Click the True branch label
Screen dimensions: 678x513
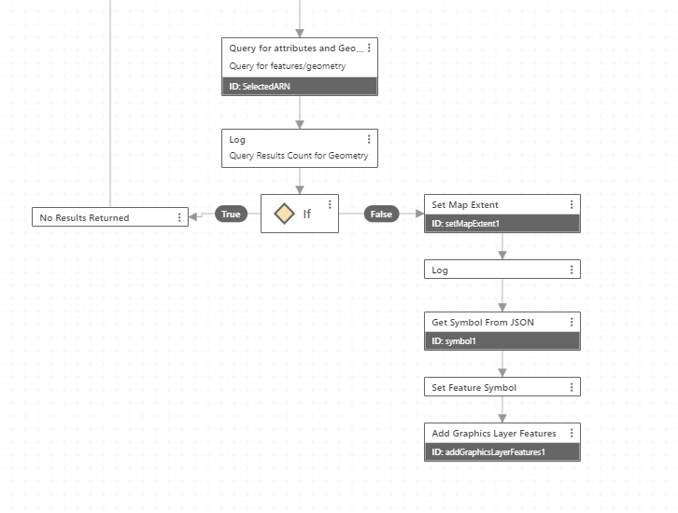click(x=231, y=214)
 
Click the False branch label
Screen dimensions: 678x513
click(x=381, y=214)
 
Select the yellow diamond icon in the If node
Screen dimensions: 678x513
click(x=284, y=214)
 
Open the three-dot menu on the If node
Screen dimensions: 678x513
click(x=330, y=204)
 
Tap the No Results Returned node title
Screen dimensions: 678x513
click(x=84, y=217)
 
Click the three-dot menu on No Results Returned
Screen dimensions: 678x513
click(x=179, y=217)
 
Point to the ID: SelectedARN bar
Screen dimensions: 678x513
click(x=299, y=87)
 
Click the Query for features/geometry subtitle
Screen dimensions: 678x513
click(x=287, y=66)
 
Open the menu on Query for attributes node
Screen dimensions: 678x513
click(x=369, y=48)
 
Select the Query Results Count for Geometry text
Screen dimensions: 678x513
click(x=298, y=156)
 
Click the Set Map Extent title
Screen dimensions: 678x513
click(x=465, y=204)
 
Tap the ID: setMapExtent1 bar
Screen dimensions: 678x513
click(x=502, y=223)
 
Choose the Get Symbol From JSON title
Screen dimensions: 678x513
click(x=483, y=322)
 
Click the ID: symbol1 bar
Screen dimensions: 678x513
click(x=502, y=340)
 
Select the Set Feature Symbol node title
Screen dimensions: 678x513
click(x=473, y=387)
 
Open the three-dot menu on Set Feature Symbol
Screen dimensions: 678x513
click(x=572, y=387)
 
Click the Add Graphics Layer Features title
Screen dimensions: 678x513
click(x=494, y=433)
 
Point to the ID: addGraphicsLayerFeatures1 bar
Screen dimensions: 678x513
click(x=502, y=451)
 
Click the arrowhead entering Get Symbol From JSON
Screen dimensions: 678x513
click(x=502, y=307)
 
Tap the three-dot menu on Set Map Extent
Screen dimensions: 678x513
click(x=572, y=204)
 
